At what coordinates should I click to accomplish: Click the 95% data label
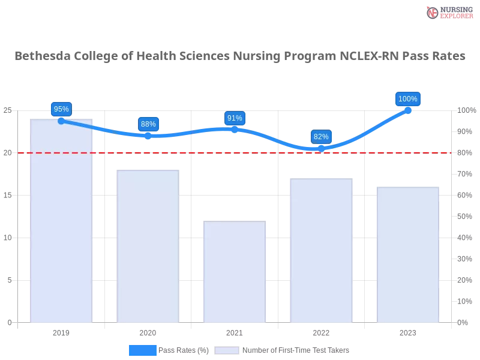(61, 109)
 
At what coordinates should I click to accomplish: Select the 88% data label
(148, 124)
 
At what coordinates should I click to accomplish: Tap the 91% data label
(235, 118)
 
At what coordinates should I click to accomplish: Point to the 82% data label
(321, 137)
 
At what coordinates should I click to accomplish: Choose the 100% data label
(408, 99)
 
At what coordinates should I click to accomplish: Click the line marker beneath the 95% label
(61, 121)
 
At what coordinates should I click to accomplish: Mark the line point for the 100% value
(408, 110)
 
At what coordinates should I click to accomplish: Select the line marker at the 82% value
(322, 148)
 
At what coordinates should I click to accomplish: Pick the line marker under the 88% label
(148, 136)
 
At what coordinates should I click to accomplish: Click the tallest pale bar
(62, 222)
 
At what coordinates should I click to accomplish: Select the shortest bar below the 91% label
(235, 273)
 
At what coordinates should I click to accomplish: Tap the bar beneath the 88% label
(149, 246)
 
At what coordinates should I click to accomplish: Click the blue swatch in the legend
(142, 350)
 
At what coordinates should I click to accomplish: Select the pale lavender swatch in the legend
(227, 350)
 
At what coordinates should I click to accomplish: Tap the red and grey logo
(448, 13)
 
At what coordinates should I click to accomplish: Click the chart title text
(240, 56)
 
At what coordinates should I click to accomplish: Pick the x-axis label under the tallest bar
(62, 332)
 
